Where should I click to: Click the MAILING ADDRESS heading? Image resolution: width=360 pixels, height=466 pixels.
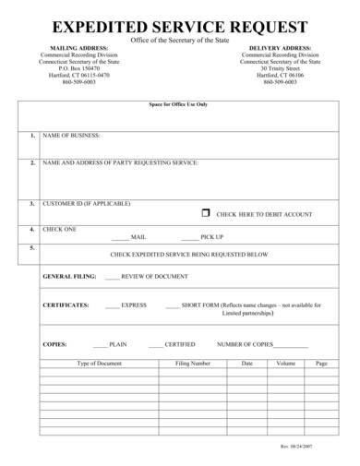click(x=78, y=47)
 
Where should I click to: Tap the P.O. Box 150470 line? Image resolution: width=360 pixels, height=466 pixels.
click(x=78, y=67)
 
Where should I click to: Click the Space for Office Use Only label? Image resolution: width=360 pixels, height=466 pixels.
click(x=178, y=104)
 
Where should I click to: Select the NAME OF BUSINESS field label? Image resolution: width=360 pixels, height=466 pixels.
click(x=72, y=136)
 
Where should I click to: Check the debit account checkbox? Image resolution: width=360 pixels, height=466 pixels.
click(x=206, y=212)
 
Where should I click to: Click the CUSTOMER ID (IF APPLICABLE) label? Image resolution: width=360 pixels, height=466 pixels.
click(x=87, y=203)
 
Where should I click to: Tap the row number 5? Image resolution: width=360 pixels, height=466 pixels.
click(x=31, y=248)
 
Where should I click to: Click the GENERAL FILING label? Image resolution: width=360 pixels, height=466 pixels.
click(x=69, y=276)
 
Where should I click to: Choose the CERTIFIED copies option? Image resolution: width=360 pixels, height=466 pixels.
click(x=179, y=343)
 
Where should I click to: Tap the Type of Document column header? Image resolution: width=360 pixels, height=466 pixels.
click(x=99, y=364)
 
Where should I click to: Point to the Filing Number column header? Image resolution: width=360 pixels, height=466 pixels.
click(x=193, y=364)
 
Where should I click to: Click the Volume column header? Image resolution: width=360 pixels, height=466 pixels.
click(x=285, y=364)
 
